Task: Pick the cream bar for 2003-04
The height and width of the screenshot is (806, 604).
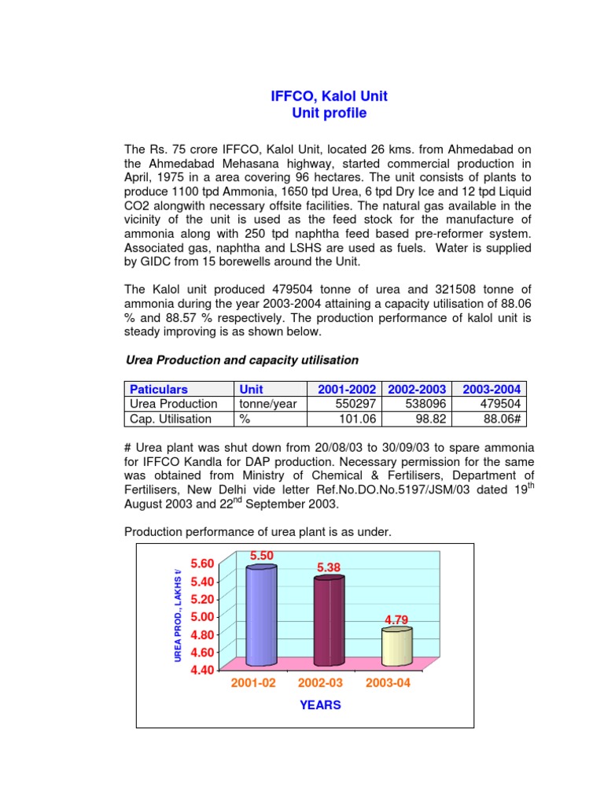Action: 396,645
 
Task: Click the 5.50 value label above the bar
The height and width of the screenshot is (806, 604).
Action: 261,556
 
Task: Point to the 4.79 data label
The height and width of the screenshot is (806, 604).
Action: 397,620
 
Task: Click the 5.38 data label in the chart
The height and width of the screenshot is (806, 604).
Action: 330,567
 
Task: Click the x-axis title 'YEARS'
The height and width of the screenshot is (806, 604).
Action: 320,705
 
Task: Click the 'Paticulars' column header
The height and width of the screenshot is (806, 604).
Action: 158,389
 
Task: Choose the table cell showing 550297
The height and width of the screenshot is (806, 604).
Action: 354,404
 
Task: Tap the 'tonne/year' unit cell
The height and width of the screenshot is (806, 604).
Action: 266,404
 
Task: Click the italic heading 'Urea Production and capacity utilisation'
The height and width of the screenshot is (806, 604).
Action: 242,360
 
